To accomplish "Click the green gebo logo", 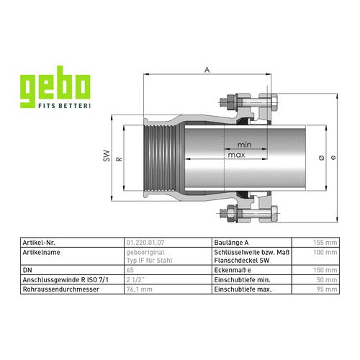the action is [x=55, y=86].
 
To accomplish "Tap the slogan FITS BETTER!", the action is [x=65, y=106].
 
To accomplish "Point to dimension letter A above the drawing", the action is [x=207, y=70].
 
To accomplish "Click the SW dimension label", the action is [x=107, y=156].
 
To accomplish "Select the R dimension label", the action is [x=120, y=159].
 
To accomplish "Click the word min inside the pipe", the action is [x=244, y=145].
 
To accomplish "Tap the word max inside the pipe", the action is [x=236, y=155].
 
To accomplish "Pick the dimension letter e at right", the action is [x=333, y=158].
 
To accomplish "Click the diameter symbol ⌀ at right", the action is [x=322, y=158].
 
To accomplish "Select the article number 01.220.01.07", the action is [x=145, y=243].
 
